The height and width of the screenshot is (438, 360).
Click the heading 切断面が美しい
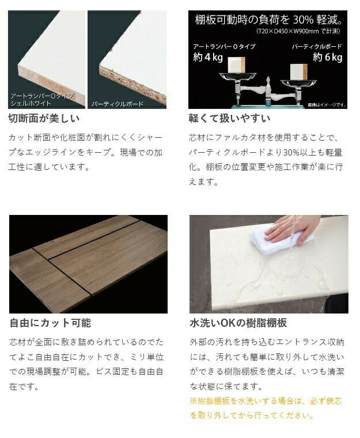(x=44, y=119)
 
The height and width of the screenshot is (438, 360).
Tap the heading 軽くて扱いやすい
(x=229, y=119)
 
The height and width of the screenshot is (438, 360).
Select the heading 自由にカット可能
(x=50, y=323)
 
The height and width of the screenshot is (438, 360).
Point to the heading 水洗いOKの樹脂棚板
(x=238, y=323)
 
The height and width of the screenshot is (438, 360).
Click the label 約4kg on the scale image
(x=208, y=57)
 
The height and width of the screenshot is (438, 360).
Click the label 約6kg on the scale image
(x=327, y=57)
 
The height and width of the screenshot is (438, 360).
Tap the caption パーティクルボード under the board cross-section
(x=118, y=104)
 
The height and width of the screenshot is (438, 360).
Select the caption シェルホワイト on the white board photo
(x=31, y=103)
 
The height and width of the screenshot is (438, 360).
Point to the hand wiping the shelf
(x=293, y=229)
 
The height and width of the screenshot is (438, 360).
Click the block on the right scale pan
(x=298, y=71)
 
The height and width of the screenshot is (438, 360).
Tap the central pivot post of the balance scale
(x=268, y=91)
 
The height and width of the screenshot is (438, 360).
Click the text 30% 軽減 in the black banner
(x=318, y=20)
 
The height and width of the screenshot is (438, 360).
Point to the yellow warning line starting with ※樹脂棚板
(x=266, y=401)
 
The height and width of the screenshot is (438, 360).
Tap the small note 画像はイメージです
(x=327, y=105)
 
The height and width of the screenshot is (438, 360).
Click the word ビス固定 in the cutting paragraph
(x=112, y=372)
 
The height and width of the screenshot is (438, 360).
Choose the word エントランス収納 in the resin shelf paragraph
(x=305, y=342)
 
